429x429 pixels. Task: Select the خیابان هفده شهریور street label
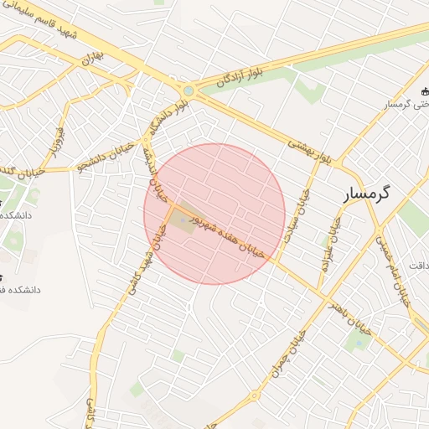coord(229,234)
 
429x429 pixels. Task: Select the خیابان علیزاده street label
coord(328,242)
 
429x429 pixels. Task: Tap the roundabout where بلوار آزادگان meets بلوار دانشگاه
coord(189,90)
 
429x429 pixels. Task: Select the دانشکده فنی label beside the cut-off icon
coord(18,289)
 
